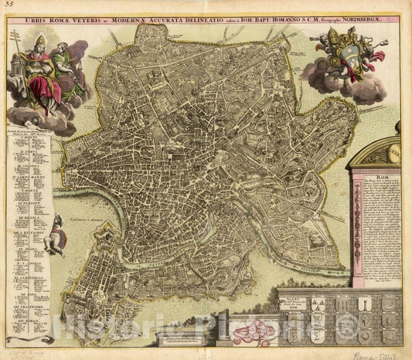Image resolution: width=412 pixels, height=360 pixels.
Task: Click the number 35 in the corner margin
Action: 9,6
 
